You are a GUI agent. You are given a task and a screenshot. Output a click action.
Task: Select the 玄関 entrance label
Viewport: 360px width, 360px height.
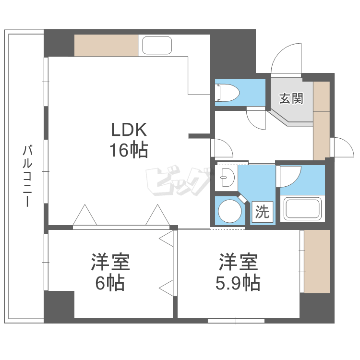[291, 99]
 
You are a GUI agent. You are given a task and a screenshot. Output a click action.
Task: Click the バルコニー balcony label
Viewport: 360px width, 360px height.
[27, 175]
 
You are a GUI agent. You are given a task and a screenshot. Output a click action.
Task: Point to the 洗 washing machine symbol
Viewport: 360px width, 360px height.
[262, 212]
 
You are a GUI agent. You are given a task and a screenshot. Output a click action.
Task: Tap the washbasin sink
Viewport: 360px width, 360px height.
[225, 177]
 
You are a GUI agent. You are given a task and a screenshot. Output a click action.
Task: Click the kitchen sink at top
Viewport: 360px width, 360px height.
[157, 46]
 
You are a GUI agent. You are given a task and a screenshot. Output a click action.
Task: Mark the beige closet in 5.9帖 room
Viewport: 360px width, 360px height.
[317, 261]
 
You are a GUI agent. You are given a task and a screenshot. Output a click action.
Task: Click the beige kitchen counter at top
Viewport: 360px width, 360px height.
[106, 46]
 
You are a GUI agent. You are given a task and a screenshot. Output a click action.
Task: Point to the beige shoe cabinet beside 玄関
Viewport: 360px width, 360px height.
[321, 120]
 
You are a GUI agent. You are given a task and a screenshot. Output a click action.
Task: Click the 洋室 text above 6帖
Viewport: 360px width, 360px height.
[110, 262]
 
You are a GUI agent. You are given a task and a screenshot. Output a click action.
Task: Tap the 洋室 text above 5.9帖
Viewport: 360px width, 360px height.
[239, 262]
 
